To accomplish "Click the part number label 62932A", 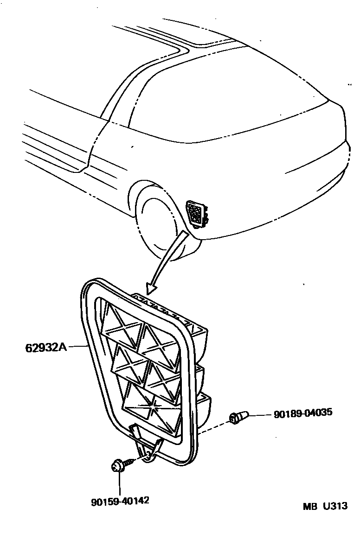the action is tap(45, 347).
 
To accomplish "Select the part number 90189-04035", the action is tap(303, 413).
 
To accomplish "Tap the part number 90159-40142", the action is tap(120, 501).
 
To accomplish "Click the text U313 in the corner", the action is tap(335, 506).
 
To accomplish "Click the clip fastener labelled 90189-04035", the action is tap(238, 418).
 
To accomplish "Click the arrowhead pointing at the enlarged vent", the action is tap(151, 289).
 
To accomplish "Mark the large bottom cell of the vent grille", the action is tap(149, 407).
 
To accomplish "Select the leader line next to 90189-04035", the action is tap(260, 414).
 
